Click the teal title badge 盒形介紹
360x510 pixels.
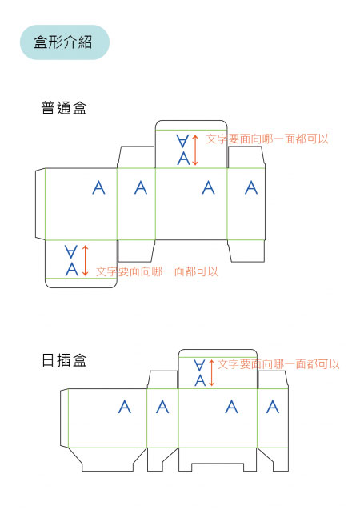click(65, 42)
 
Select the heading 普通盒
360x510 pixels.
click(64, 108)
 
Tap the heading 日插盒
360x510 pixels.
click(64, 360)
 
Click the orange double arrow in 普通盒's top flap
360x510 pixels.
click(195, 150)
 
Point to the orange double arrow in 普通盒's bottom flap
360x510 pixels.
click(85, 260)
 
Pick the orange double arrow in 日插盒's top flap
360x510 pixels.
click(211, 373)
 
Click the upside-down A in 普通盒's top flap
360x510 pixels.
click(182, 141)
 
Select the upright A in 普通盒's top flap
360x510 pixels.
click(183, 158)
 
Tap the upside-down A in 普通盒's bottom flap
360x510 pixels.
click(71, 251)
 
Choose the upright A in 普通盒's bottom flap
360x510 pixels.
click(72, 269)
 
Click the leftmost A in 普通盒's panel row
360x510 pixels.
click(98, 187)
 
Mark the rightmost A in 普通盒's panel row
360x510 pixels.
click(251, 187)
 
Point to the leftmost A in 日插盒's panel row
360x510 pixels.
click(125, 407)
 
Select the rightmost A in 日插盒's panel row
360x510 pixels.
click(273, 407)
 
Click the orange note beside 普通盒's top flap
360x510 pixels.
click(267, 139)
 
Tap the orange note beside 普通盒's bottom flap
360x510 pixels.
click(157, 271)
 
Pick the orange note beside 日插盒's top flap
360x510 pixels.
click(278, 364)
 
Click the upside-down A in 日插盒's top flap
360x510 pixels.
click(199, 365)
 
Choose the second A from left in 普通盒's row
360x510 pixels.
click(141, 187)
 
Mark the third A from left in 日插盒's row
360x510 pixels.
click(231, 407)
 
